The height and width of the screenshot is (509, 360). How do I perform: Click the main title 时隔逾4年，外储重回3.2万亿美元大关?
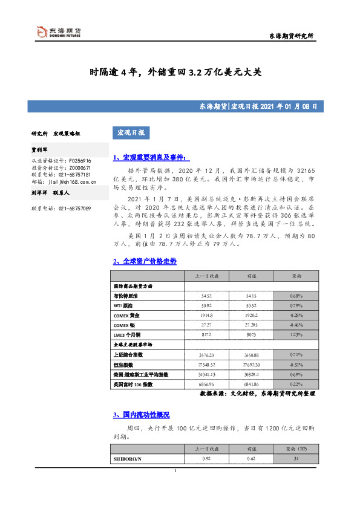[175, 72]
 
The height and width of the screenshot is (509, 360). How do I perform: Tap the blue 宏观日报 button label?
[131, 132]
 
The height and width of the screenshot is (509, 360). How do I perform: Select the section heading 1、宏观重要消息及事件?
[151, 158]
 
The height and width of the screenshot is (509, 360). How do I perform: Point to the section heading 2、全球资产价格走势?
[145, 261]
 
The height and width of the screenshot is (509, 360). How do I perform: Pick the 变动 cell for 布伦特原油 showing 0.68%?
[296, 296]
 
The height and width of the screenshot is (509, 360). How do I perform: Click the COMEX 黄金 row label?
[129, 315]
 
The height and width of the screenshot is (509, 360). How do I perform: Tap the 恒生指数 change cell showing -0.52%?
[296, 366]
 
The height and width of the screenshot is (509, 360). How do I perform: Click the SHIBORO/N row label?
[127, 459]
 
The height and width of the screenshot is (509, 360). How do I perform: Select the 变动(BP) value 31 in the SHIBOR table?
[296, 459]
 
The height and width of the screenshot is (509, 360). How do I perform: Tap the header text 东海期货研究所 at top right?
[290, 36]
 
